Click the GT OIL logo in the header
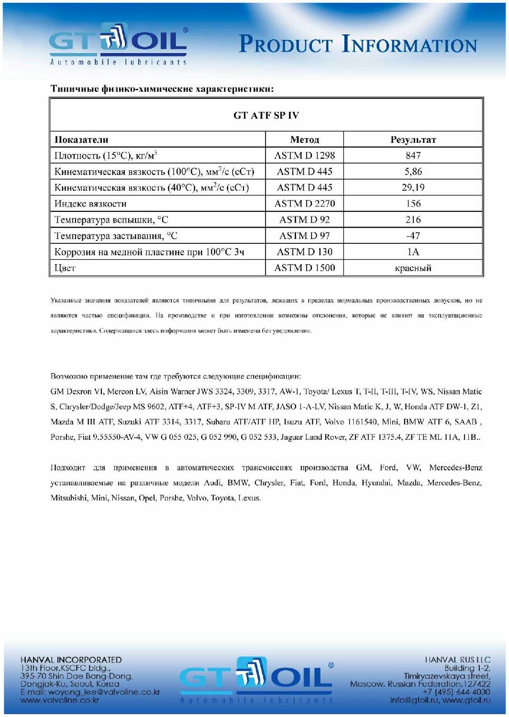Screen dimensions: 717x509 click(118, 44)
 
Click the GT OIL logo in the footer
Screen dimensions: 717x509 click(256, 679)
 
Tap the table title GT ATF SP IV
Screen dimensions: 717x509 click(266, 115)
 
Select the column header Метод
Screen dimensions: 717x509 click(304, 140)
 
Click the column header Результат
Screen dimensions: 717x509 click(413, 140)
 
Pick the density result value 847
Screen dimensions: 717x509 click(413, 155)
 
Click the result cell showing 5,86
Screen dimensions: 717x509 click(413, 172)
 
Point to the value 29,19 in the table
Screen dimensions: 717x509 click(413, 187)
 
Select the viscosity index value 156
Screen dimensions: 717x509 click(413, 204)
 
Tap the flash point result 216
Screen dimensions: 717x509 click(413, 219)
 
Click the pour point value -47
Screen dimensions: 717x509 click(413, 236)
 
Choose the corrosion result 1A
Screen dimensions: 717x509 click(413, 252)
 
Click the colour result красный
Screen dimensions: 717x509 click(413, 268)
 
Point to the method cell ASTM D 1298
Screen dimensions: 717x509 click(304, 155)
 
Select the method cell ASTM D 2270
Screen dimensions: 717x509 click(304, 204)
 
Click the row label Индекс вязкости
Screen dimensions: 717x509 click(90, 204)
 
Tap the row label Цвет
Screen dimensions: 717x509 click(65, 268)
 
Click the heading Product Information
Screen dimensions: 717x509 click(358, 44)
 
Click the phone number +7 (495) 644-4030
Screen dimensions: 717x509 click(456, 692)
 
